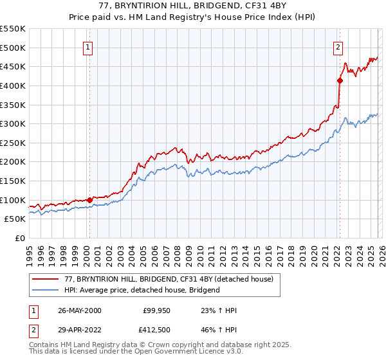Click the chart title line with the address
(193, 6)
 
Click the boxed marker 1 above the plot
(87, 46)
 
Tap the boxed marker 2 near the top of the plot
(338, 46)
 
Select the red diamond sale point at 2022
(340, 80)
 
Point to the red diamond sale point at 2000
(89, 200)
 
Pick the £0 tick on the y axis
(19, 238)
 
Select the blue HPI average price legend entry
(142, 290)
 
